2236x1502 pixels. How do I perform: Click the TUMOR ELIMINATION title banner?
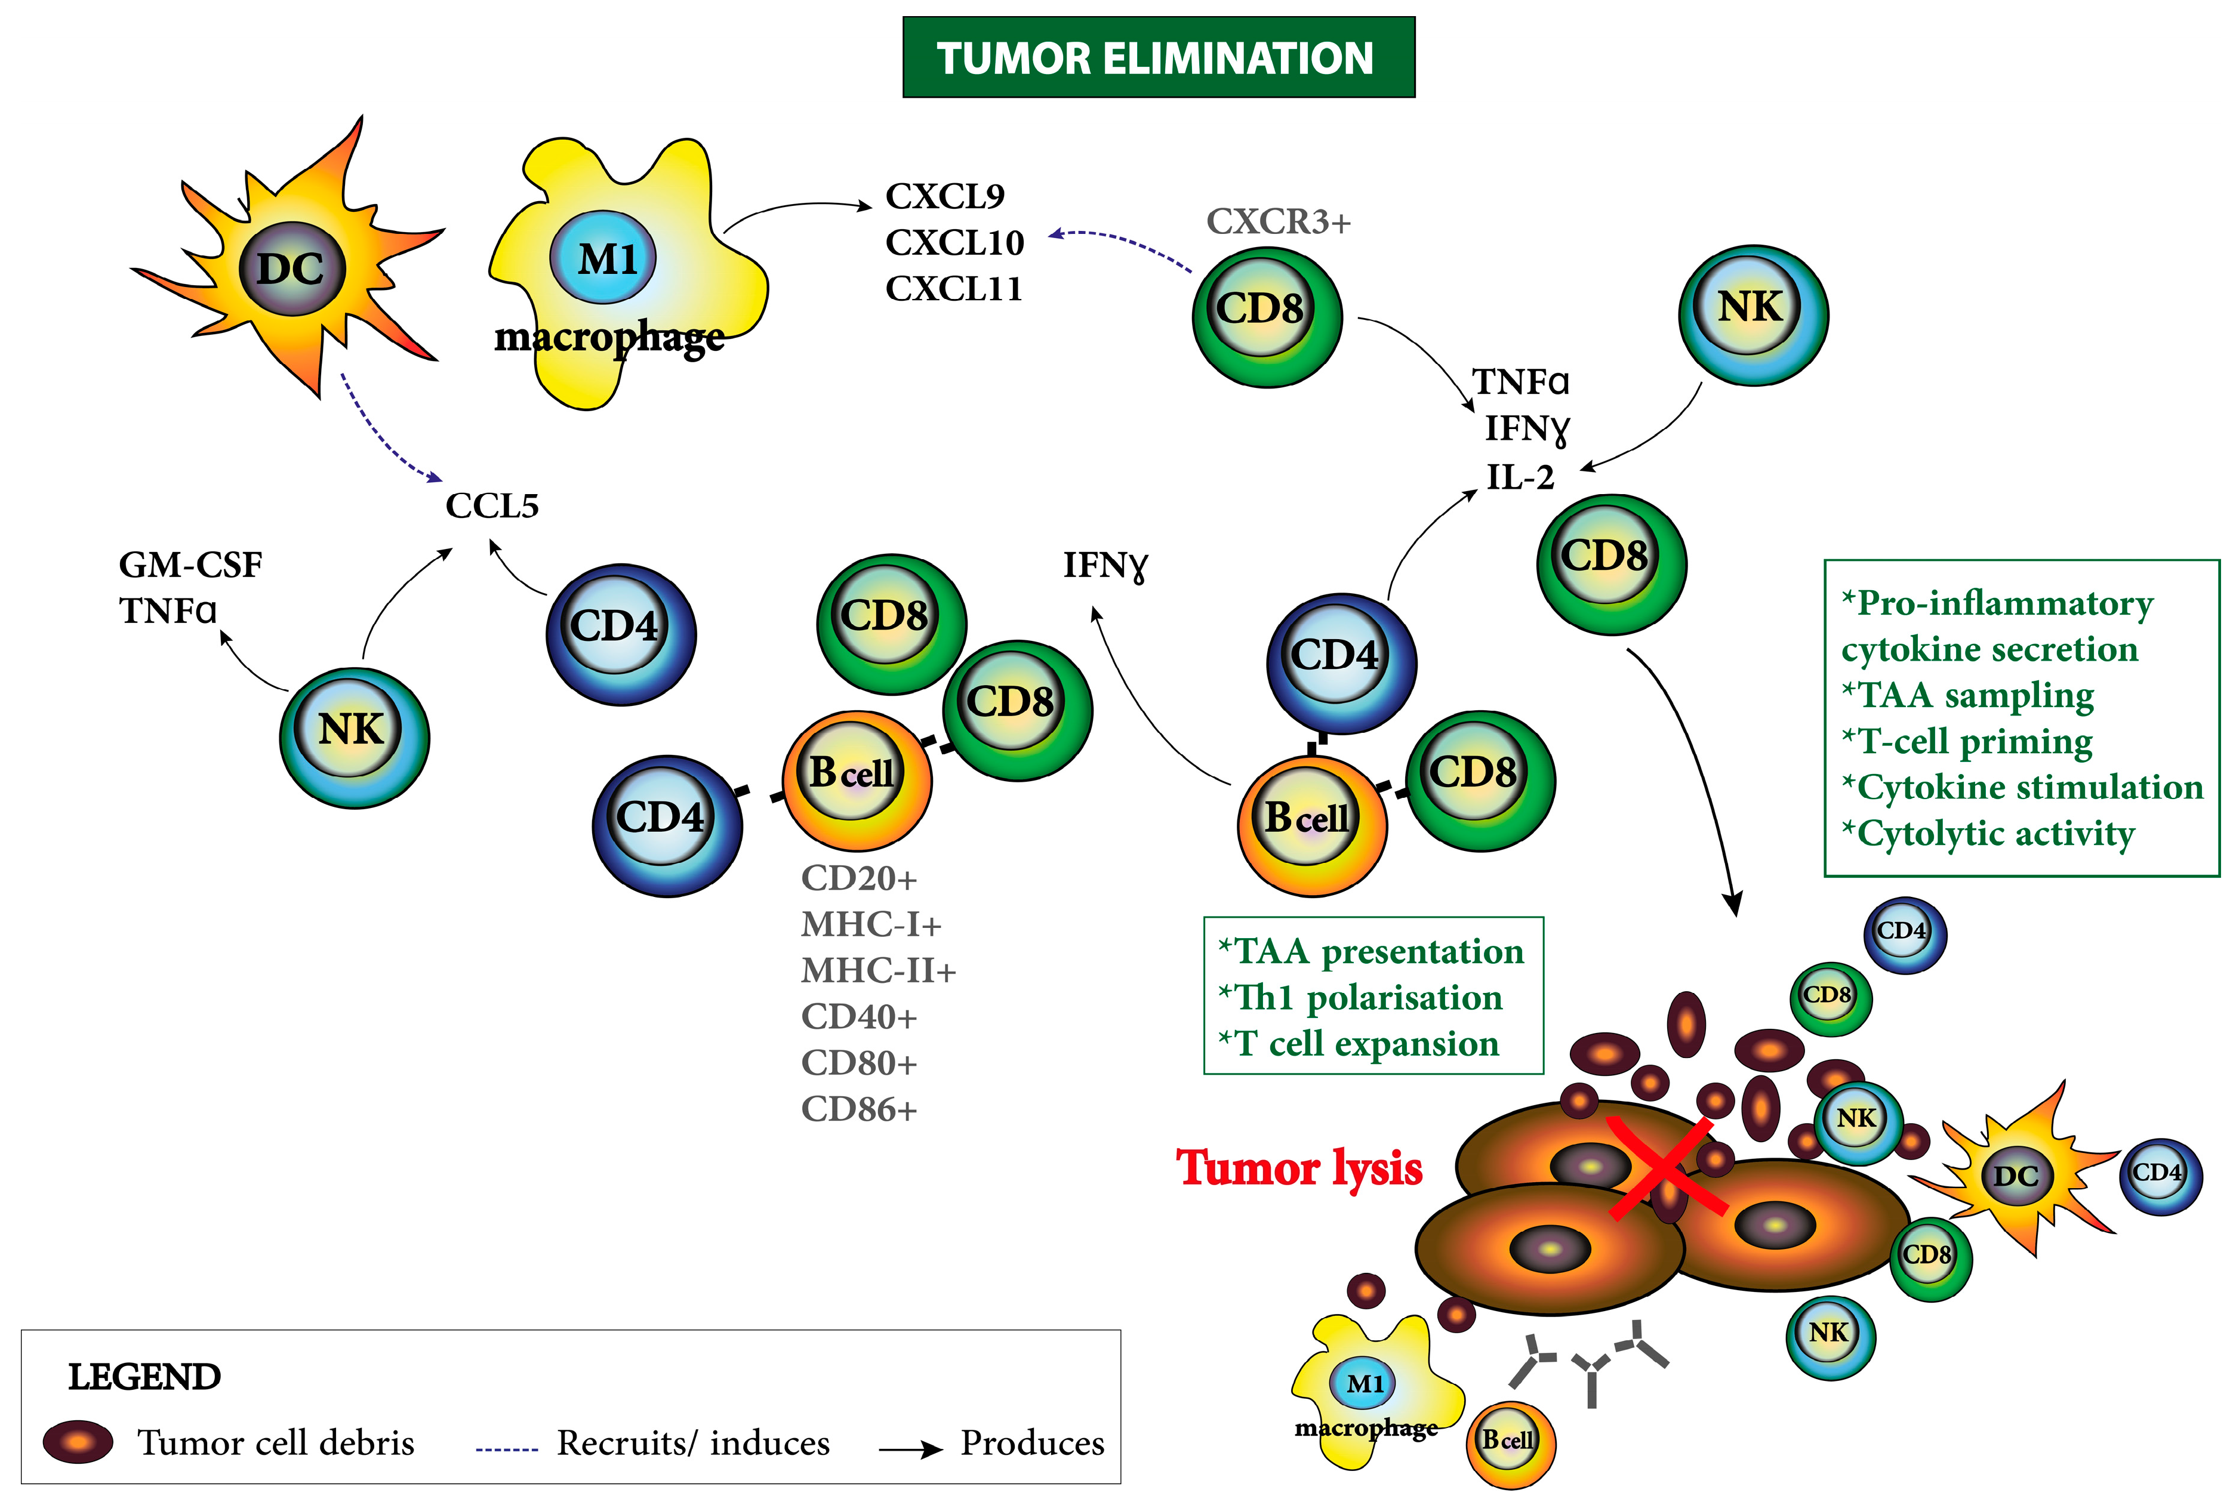1158,57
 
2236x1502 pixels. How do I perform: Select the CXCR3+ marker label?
1278,221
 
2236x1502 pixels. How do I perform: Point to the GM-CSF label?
190,565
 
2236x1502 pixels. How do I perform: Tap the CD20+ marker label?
858,877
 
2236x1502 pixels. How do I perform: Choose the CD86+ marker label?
858,1109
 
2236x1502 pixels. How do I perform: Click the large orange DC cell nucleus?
291,268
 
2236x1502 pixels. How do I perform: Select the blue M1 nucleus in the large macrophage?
603,258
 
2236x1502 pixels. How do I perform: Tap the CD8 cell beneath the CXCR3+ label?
1267,317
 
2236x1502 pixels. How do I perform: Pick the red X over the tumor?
1667,1166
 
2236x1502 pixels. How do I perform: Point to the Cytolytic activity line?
1988,834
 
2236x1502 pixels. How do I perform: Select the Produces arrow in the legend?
911,1449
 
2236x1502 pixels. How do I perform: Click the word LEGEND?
144,1377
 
